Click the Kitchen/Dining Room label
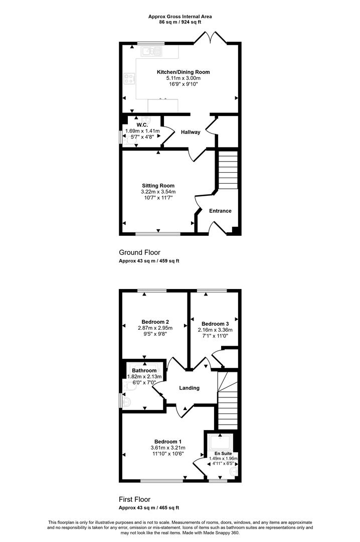tap(184, 72)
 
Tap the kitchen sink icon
tap(151, 52)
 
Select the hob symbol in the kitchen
tap(129, 78)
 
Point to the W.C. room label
tap(142, 125)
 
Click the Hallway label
tap(191, 132)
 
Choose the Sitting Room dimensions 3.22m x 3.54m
tap(158, 192)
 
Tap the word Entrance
tap(220, 211)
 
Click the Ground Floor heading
tap(139, 252)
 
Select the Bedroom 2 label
tap(155, 322)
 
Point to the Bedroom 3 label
tap(215, 324)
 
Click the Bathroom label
tap(144, 370)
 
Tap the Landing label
tap(190, 388)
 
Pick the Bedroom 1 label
tap(168, 442)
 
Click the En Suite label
tap(223, 454)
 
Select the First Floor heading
tap(135, 499)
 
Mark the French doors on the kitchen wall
tap(211, 38)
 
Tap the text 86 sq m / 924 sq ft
tap(180, 22)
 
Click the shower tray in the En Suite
tap(220, 442)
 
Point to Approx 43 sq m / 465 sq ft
tap(149, 508)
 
